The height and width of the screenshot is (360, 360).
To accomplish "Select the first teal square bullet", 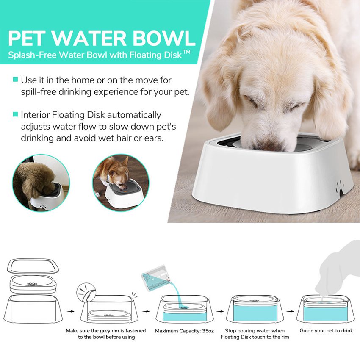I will point(15,79).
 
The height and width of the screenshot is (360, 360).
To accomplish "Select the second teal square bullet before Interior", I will point(15,114).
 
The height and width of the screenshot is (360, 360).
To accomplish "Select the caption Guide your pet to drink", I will point(326,330).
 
